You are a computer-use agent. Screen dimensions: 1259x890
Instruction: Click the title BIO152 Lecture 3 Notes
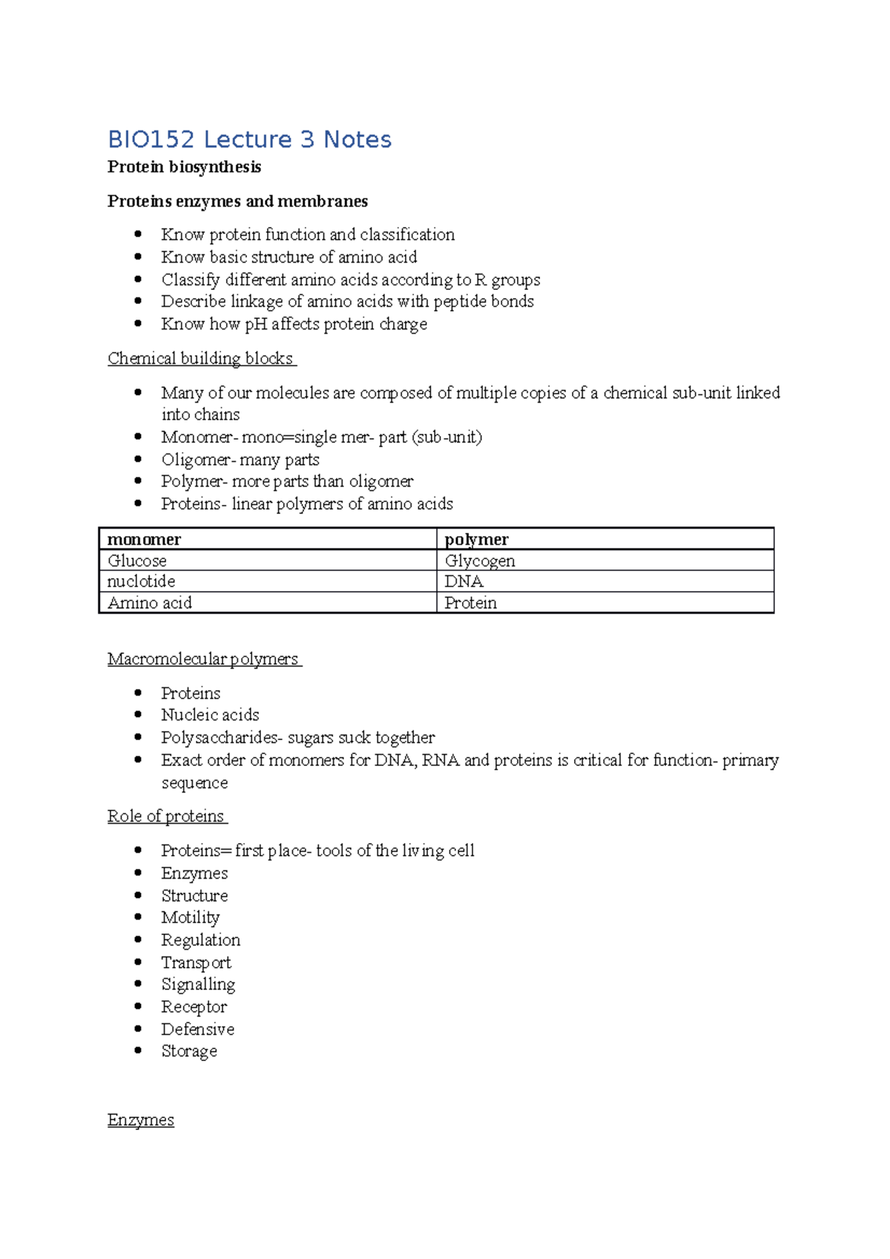[x=249, y=139]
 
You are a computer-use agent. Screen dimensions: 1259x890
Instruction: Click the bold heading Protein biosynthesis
[x=184, y=167]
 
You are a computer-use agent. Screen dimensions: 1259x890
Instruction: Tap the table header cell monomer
[x=145, y=539]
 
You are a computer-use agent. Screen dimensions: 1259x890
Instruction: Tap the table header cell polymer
[x=476, y=539]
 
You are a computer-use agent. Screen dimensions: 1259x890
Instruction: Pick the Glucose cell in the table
[x=137, y=561]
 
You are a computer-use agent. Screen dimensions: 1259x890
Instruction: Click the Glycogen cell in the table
[x=480, y=561]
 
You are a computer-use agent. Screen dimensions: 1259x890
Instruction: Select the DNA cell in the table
[x=464, y=581]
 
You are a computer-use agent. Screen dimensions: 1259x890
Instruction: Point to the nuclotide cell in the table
[x=141, y=581]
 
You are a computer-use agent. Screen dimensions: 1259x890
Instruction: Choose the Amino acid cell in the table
[x=150, y=603]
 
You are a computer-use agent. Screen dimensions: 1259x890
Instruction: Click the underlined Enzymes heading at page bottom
[x=140, y=1120]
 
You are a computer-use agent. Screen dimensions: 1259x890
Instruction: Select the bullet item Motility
[x=191, y=918]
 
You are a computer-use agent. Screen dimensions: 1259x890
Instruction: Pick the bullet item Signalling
[x=198, y=985]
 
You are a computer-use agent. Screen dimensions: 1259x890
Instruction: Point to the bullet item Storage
[x=189, y=1051]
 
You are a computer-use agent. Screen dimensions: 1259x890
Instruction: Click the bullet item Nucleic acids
[x=210, y=715]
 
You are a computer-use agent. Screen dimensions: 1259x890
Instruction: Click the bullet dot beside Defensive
[x=138, y=1028]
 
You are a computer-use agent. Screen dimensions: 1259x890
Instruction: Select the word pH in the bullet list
[x=256, y=325]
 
